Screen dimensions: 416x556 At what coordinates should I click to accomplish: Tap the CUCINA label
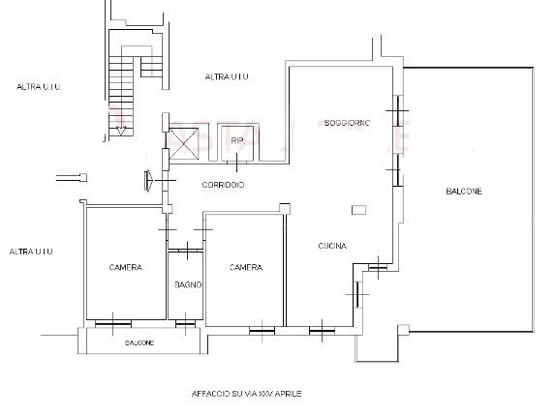(332, 246)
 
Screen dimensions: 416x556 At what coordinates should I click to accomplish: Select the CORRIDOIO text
(223, 185)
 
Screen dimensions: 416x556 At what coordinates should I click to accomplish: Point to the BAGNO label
(188, 284)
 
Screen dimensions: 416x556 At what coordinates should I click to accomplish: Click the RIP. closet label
(237, 141)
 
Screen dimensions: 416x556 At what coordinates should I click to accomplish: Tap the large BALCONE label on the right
(464, 192)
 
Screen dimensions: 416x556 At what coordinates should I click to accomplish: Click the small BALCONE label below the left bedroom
(139, 343)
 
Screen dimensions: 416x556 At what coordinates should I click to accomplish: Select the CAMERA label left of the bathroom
(126, 267)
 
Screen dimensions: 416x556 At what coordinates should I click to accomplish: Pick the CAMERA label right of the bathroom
(246, 267)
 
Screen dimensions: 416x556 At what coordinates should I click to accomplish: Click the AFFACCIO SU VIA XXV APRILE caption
(247, 395)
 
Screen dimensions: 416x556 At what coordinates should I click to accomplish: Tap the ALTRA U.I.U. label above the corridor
(226, 75)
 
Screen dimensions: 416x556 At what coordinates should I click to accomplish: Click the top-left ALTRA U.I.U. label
(40, 87)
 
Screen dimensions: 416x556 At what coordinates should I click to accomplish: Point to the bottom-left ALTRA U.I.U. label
(30, 252)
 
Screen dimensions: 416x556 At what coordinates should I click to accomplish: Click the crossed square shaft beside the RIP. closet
(182, 143)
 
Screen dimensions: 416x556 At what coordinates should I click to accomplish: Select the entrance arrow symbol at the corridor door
(148, 179)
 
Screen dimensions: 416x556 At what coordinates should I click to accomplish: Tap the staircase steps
(121, 77)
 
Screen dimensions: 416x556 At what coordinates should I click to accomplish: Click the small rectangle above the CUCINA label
(359, 209)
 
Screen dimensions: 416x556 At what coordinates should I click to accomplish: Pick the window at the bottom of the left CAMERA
(114, 322)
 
